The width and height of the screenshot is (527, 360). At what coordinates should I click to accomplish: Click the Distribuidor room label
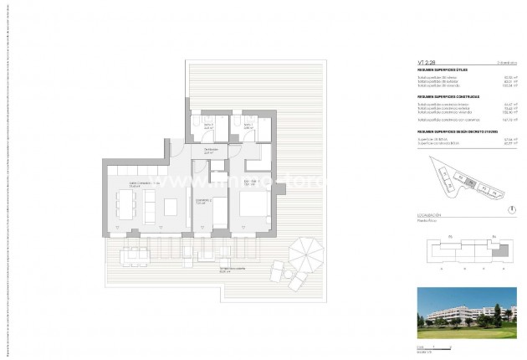pyautogui.click(x=212, y=151)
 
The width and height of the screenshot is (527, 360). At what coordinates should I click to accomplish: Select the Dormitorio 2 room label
pyautogui.click(x=202, y=200)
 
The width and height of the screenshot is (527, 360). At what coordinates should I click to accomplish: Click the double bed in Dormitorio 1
pyautogui.click(x=253, y=204)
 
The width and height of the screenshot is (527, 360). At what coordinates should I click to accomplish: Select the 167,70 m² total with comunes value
pyautogui.click(x=490, y=120)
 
